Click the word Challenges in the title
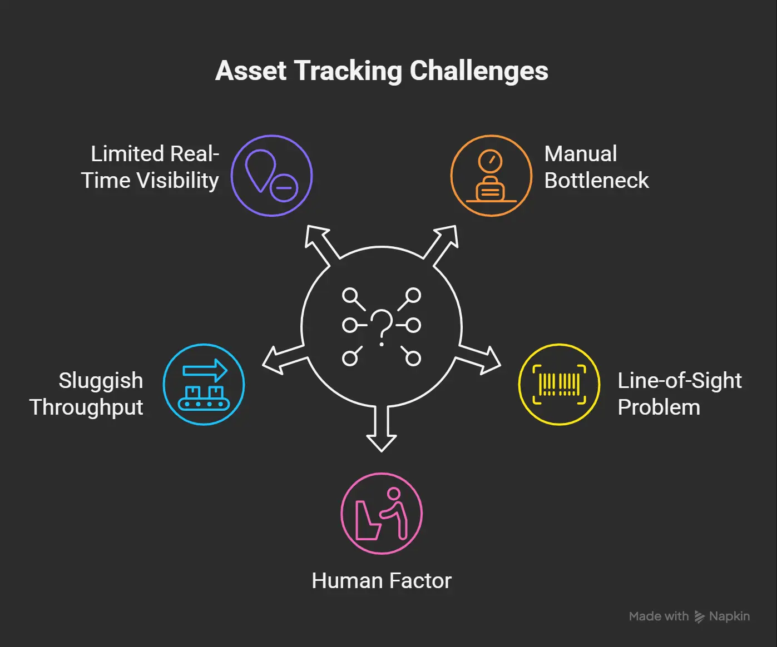[x=479, y=71]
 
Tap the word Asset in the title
[x=251, y=71]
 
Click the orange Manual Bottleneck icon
[x=491, y=176]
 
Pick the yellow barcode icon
[x=560, y=384]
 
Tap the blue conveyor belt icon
[x=204, y=384]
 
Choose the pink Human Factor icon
[x=382, y=513]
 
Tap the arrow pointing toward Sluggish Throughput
[x=285, y=359]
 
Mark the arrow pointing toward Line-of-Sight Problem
[x=478, y=359]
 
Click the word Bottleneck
[x=597, y=181]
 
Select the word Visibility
[x=177, y=181]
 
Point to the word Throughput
[x=86, y=408]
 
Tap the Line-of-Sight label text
[x=680, y=381]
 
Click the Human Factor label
[x=382, y=581]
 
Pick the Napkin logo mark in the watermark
[x=699, y=616]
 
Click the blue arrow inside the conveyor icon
[x=205, y=370]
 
